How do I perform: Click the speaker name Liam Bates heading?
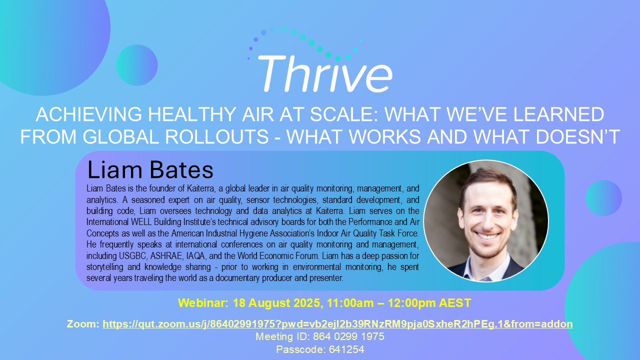coord(150,170)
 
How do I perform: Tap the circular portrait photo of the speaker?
coord(485,221)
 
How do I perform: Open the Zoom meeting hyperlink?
coord(337,324)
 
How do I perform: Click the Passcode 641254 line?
coord(320,349)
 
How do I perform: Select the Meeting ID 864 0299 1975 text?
coord(320,336)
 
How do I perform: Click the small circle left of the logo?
coord(137,65)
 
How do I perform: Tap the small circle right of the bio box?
coord(603,198)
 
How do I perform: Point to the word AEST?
coord(456,303)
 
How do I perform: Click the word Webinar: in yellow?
coord(198,303)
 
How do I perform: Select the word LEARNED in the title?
coord(561,115)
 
